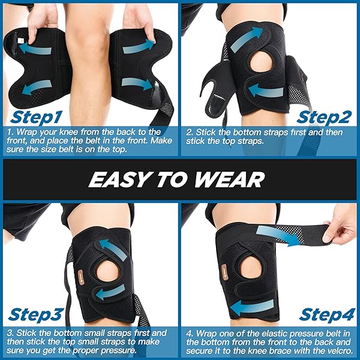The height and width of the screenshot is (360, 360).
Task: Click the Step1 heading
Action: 36,118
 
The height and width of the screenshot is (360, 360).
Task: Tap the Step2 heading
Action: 324,118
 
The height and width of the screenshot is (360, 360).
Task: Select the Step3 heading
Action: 36,315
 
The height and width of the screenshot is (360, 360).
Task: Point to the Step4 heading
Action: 327,315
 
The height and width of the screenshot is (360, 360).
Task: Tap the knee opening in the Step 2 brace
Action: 261,64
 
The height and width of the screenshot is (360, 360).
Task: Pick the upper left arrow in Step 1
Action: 35,49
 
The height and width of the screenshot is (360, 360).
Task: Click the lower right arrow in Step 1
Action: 137,84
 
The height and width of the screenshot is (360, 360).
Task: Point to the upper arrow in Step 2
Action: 247,38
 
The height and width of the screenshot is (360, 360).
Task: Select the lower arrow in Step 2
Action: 266,91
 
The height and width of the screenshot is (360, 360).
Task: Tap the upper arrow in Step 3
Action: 113,250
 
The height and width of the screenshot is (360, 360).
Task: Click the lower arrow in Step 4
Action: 252,307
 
